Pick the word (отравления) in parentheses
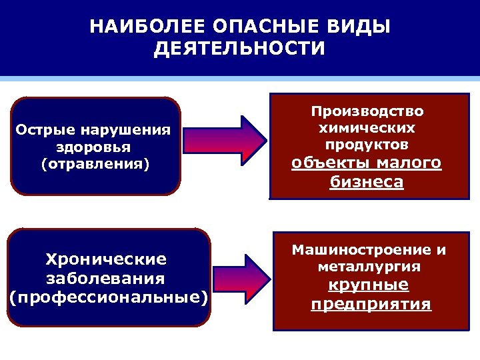tap(95, 163)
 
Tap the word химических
tap(367, 127)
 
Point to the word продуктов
tap(367, 144)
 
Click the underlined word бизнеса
tap(367, 183)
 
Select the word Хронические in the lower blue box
tap(105, 259)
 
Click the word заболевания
tap(105, 277)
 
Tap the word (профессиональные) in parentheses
tap(109, 296)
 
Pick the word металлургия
tap(369, 267)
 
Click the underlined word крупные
tap(369, 285)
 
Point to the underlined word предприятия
tap(371, 305)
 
